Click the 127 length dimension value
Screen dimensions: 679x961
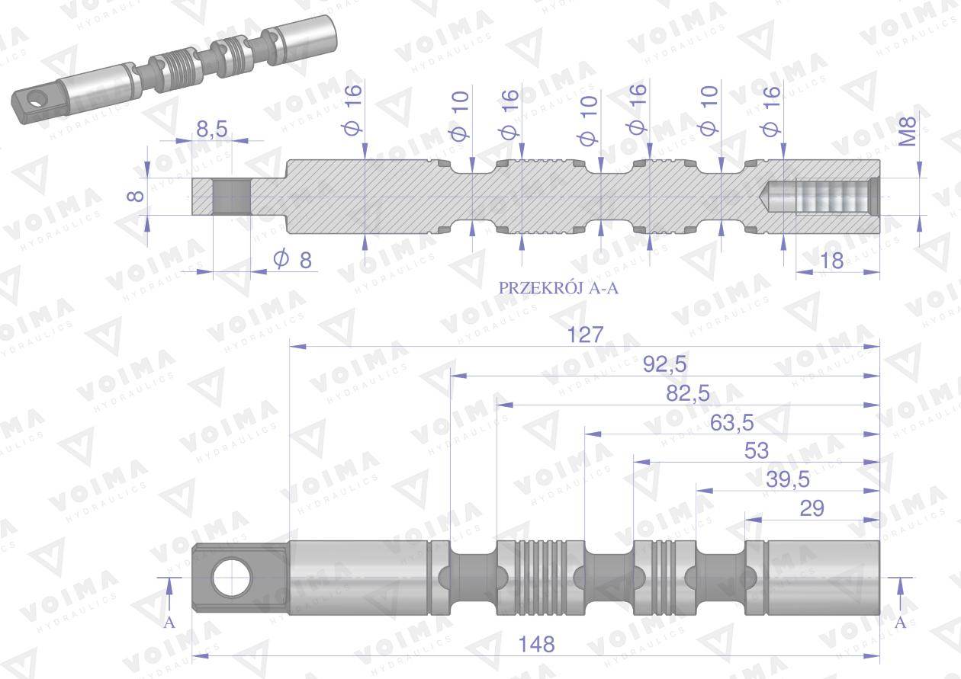click(x=585, y=335)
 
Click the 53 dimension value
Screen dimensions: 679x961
click(x=756, y=450)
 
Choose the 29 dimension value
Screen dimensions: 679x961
click(x=812, y=508)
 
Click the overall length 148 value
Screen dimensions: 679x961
click(x=536, y=643)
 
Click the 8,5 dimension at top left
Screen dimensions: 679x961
click(x=211, y=130)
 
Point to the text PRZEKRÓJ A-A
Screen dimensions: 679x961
click(x=558, y=288)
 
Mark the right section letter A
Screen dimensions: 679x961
click(x=900, y=623)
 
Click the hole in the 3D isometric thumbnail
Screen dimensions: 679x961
click(x=35, y=98)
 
